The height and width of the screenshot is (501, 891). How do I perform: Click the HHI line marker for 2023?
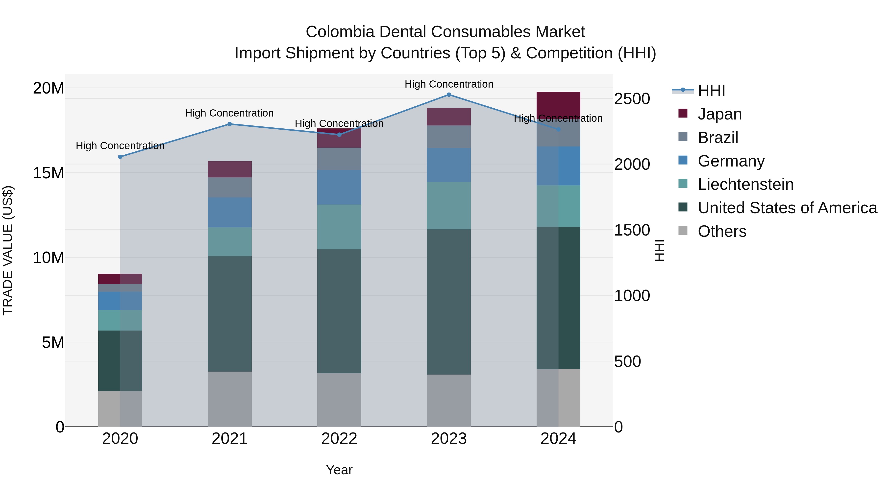click(449, 95)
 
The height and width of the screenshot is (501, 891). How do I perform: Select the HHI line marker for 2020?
click(120, 157)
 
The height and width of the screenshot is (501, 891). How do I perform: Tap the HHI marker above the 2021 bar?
click(230, 124)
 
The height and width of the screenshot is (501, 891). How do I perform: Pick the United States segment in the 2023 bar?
click(449, 302)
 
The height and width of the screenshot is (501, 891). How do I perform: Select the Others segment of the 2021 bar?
click(230, 399)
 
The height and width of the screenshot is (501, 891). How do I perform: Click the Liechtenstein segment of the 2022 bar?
click(339, 227)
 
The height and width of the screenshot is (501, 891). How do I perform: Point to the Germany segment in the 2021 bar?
click(230, 212)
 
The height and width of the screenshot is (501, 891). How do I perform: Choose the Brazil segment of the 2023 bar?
click(449, 137)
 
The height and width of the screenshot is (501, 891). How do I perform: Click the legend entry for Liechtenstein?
click(745, 184)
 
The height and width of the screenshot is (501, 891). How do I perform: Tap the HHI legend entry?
click(711, 91)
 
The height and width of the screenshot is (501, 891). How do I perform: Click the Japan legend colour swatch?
click(683, 113)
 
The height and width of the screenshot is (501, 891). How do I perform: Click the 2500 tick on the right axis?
click(632, 99)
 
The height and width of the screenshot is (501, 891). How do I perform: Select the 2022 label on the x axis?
click(339, 439)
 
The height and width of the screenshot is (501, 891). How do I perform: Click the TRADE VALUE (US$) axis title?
click(8, 250)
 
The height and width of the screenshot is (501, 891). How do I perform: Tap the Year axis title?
click(339, 470)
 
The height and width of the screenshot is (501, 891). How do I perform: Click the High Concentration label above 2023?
click(449, 84)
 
